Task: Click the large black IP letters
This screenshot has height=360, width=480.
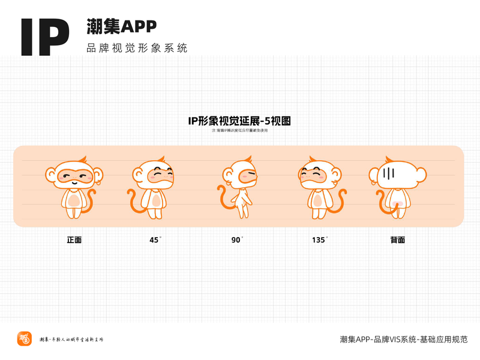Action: (x=45, y=37)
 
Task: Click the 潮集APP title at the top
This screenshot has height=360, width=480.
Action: (x=122, y=26)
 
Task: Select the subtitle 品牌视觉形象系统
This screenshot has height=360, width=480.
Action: (x=137, y=48)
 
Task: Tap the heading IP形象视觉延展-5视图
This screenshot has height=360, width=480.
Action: (x=239, y=121)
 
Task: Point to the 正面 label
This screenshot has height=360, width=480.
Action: (x=74, y=240)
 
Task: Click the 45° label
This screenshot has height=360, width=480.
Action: (x=155, y=240)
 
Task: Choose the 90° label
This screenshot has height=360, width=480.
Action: (x=237, y=240)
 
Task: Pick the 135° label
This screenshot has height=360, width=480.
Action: (x=319, y=240)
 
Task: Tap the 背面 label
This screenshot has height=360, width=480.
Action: (x=397, y=240)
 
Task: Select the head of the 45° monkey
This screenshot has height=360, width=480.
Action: (x=155, y=174)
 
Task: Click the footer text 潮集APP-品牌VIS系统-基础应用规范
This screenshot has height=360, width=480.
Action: (x=403, y=339)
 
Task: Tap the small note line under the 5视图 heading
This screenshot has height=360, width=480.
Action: (x=239, y=130)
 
